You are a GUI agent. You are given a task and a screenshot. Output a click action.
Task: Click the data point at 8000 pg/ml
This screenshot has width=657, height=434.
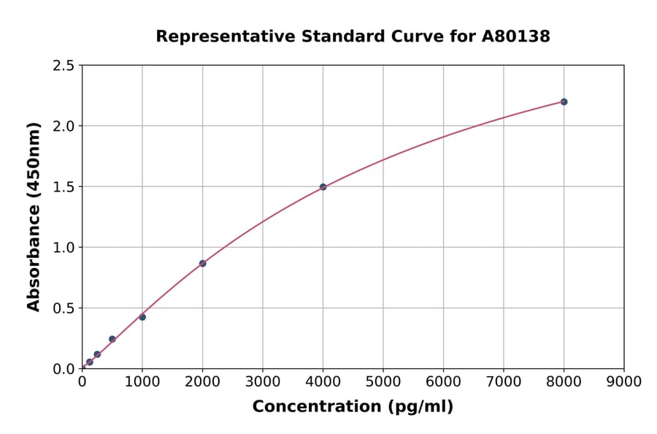pos(564,102)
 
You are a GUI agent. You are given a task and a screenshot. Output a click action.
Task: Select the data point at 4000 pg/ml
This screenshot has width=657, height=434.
pos(323,187)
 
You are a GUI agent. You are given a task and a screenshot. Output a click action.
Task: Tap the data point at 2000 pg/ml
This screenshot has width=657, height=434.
pos(202,263)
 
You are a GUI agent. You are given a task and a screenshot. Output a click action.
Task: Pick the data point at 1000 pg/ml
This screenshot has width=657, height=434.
pos(142,317)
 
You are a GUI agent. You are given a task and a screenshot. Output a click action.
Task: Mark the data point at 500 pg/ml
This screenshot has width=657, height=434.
pos(112,339)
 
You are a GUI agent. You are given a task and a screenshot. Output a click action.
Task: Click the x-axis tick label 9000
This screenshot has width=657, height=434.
pos(623,381)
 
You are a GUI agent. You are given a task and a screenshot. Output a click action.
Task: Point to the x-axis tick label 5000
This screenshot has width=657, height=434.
pos(383,381)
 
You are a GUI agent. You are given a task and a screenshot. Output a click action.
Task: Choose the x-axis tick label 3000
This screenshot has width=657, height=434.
pos(263,381)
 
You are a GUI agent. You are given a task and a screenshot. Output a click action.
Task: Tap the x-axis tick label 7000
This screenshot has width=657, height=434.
pos(504,381)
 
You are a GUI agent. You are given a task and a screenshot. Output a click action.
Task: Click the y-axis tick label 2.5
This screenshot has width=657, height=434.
pos(64,66)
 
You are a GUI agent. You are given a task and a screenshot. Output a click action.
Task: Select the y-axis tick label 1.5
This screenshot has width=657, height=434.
pos(64,187)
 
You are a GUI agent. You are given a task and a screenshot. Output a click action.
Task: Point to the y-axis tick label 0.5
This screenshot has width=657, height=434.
pos(64,308)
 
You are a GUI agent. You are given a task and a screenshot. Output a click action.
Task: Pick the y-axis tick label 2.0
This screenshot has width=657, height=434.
pos(64,126)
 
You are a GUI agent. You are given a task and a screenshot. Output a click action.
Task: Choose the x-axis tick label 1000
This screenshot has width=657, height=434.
pos(142,381)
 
